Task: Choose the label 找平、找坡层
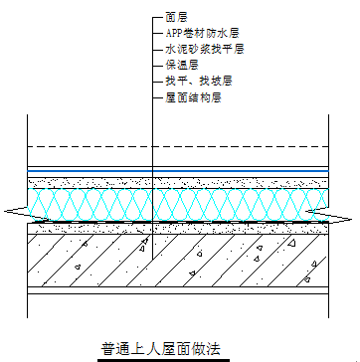pyautogui.click(x=198, y=80)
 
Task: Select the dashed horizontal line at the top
pyautogui.click(x=90, y=148)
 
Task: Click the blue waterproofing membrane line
pyautogui.click(x=90, y=168)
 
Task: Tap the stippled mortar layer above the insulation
pyautogui.click(x=90, y=183)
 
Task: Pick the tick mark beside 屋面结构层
pyautogui.click(x=157, y=95)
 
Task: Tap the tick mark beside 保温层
pyautogui.click(x=157, y=64)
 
